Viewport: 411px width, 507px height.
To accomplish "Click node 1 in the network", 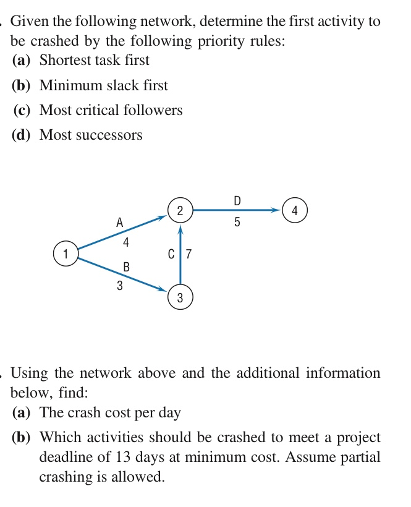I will pos(65,253).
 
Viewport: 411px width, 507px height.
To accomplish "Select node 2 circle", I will pos(180,210).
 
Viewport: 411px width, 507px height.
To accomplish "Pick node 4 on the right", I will pos(294,210).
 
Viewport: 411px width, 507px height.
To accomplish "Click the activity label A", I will pos(119,221).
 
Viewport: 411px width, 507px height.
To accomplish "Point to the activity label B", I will pos(127,267).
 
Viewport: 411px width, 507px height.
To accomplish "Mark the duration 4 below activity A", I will pos(126,243).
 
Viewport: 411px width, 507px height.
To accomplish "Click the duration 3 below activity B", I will pos(119,286).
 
